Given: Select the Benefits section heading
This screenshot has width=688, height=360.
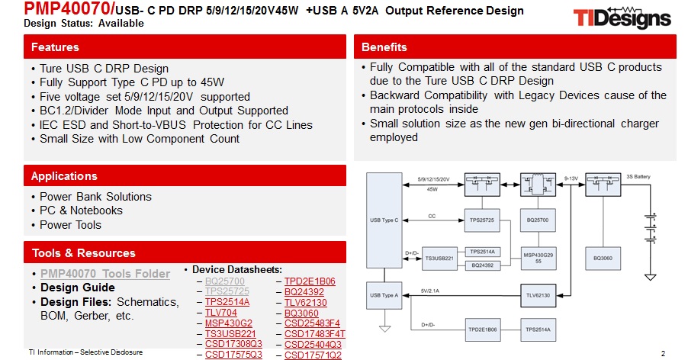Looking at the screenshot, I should click(515, 47).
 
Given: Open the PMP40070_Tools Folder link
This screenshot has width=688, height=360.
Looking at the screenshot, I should click(105, 274).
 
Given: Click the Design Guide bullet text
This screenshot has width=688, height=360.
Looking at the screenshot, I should click(78, 288).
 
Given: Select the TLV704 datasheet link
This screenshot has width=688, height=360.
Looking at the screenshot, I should click(222, 313).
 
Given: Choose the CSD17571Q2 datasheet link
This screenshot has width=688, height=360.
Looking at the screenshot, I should click(313, 355).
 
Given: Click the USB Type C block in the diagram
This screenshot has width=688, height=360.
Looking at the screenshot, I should click(384, 220).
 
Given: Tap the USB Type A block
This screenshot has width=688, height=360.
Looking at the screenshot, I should click(384, 294).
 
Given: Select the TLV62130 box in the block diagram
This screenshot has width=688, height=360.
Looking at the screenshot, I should click(539, 294).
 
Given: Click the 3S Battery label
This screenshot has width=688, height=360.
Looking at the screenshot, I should click(638, 176).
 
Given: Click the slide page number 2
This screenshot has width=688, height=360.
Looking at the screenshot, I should click(663, 353).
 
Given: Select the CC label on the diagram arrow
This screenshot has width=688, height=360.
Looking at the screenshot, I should click(432, 216).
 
